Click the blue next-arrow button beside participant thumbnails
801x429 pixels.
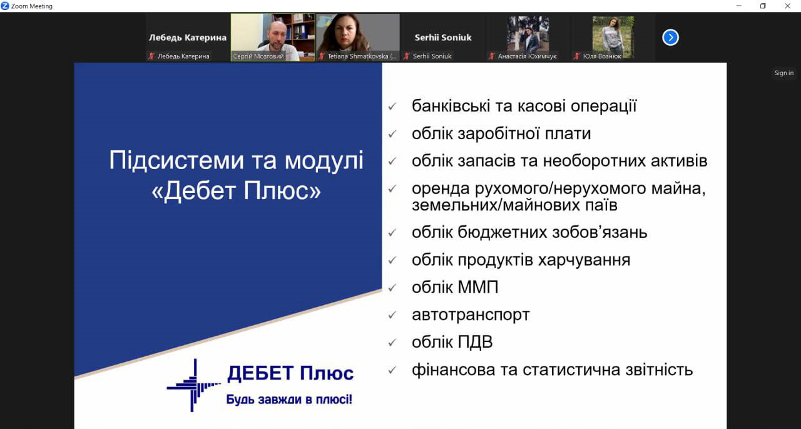click(670, 38)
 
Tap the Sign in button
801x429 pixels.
click(783, 73)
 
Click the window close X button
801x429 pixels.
click(787, 6)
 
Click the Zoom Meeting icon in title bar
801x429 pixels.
click(5, 6)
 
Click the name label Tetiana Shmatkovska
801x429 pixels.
click(361, 56)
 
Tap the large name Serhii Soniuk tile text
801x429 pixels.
click(443, 38)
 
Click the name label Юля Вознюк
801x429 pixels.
click(601, 56)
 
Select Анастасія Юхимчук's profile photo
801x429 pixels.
click(528, 33)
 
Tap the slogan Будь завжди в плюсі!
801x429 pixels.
click(289, 399)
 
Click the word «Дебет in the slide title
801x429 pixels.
click(195, 190)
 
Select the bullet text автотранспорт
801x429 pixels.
click(471, 314)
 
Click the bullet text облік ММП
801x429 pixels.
click(455, 287)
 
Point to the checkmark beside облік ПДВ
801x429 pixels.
click(392, 343)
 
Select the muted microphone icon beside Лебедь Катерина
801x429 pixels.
click(151, 56)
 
